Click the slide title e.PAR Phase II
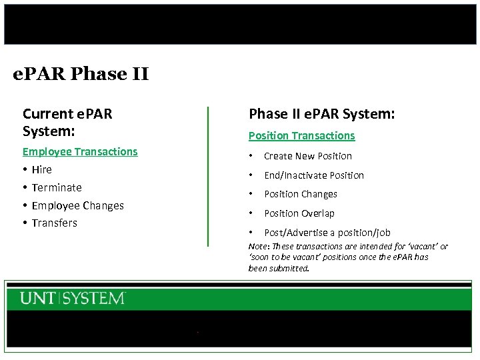(x=81, y=73)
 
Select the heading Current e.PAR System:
(x=67, y=122)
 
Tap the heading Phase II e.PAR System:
(x=321, y=115)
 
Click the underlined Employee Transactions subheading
(x=80, y=151)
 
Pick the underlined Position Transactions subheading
(x=301, y=135)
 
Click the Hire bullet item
(x=41, y=170)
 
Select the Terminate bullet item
(x=57, y=188)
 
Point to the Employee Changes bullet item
(x=77, y=205)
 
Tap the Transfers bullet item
(x=54, y=223)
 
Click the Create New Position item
(x=307, y=156)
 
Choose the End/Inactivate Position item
(x=313, y=175)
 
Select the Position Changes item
(x=300, y=194)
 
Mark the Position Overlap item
(x=299, y=213)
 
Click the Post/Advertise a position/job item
(x=327, y=233)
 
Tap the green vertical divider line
(x=208, y=176)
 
